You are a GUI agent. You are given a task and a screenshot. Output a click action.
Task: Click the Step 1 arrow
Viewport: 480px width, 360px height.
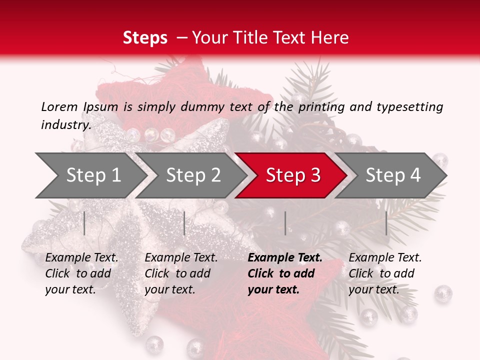point(90,175)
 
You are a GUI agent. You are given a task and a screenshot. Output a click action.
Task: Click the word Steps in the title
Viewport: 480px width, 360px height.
point(145,37)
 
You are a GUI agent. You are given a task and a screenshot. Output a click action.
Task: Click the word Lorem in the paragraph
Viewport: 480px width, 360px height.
point(59,106)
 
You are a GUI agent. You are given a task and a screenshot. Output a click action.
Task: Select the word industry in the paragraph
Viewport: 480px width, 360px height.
point(65,124)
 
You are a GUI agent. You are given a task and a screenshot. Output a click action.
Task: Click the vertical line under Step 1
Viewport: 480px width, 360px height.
point(84,223)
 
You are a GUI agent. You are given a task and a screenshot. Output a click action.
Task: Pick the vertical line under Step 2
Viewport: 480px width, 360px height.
point(184,223)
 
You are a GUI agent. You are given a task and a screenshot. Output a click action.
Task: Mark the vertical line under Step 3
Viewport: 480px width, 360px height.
point(285,223)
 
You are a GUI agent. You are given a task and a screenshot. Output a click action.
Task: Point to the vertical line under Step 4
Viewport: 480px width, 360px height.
point(386,223)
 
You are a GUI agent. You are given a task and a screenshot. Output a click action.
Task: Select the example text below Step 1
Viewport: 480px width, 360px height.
point(81,273)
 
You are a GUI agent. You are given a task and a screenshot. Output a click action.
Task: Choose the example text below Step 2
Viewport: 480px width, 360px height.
point(180,273)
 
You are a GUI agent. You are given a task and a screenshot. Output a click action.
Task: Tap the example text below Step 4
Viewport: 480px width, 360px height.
point(384,273)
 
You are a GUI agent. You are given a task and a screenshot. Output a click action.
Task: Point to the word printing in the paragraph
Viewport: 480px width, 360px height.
point(321,106)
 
